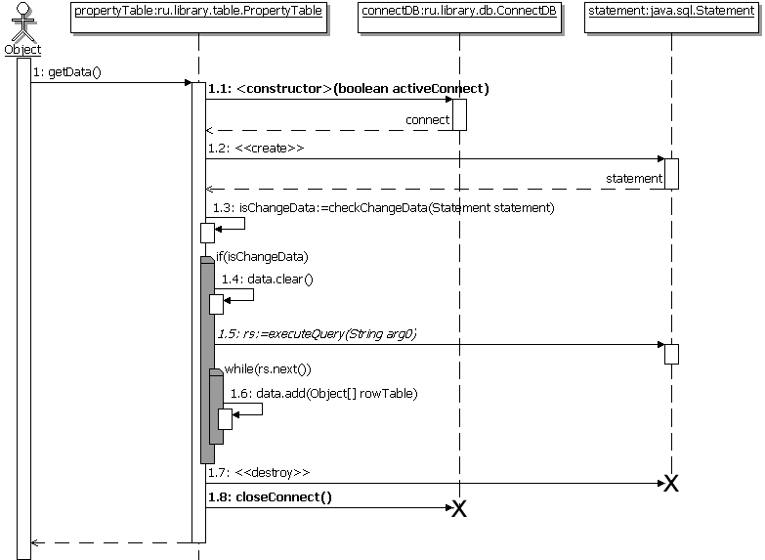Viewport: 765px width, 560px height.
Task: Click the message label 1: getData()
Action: [67, 72]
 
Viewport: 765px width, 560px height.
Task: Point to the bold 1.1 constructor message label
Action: [348, 89]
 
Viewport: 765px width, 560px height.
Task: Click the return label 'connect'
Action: [428, 120]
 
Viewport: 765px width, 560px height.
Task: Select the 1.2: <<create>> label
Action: [255, 149]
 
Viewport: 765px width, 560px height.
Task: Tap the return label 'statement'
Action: [634, 179]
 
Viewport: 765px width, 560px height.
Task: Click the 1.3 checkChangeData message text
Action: [384, 207]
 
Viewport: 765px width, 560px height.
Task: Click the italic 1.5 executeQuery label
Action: [317, 334]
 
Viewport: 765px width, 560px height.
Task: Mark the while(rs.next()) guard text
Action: [268, 368]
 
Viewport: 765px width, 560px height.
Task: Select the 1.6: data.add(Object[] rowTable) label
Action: [323, 393]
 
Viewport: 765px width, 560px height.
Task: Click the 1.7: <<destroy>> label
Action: [258, 473]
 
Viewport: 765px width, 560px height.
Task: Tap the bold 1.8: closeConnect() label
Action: [269, 496]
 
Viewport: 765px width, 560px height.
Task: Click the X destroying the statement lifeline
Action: [671, 484]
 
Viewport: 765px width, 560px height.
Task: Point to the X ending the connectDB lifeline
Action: [458, 507]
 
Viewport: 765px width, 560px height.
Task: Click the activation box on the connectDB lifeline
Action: [458, 114]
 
